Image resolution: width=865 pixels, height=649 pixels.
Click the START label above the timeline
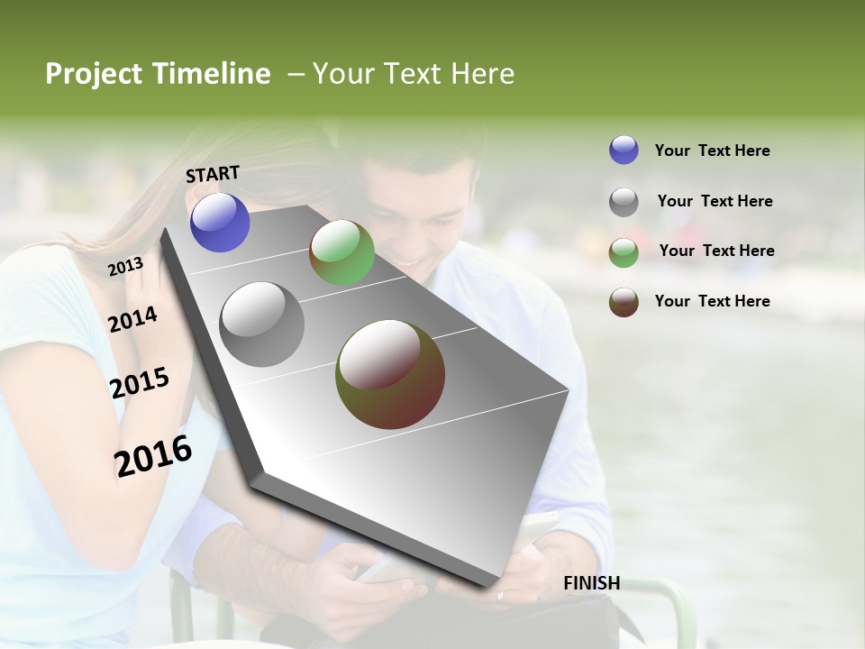[213, 174]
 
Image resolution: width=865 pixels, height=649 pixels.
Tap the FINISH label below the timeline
[591, 583]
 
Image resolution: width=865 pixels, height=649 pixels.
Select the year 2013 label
[125, 267]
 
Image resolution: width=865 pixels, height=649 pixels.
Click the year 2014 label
[132, 319]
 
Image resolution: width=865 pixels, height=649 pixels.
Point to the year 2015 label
[139, 383]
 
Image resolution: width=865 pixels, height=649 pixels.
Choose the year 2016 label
[153, 456]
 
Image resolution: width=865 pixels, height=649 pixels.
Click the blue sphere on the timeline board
[220, 222]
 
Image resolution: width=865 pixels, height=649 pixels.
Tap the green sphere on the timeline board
[341, 252]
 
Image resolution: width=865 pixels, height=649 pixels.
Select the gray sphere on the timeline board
[262, 324]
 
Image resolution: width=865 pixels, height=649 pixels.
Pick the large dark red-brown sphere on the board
[390, 374]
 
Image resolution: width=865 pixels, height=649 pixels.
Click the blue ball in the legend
[624, 150]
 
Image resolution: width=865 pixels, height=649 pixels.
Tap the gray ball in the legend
[624, 202]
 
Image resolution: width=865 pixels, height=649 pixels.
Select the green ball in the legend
[624, 252]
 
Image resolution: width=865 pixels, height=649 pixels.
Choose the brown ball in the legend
[624, 302]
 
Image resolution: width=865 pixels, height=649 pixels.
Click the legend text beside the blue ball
[712, 151]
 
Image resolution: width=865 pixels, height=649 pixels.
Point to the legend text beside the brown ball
[712, 301]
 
